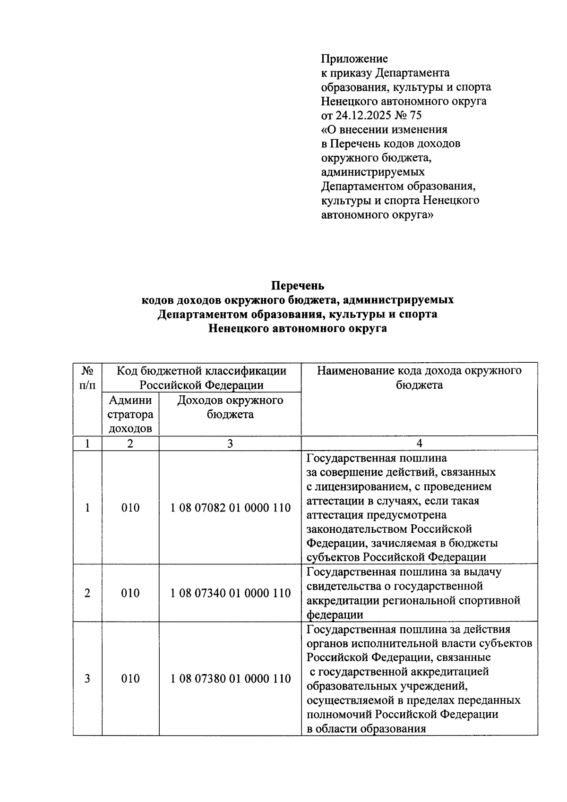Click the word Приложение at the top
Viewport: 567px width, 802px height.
tap(354, 59)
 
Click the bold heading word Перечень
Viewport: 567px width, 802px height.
tap(298, 286)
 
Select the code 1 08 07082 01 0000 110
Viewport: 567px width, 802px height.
tap(230, 508)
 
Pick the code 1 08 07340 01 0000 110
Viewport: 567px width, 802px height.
tap(230, 593)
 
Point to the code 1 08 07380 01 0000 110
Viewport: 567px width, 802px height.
tap(230, 678)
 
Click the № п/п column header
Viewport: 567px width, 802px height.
tap(87, 377)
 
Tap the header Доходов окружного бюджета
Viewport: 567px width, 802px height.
tap(230, 407)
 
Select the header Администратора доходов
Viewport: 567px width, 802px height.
tap(130, 414)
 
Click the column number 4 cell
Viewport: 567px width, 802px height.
tap(419, 443)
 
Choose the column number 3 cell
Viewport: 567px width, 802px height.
tap(230, 443)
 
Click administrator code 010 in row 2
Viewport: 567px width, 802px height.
tap(130, 593)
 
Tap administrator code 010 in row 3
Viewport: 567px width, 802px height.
tap(130, 678)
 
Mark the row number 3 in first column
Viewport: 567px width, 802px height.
tap(87, 678)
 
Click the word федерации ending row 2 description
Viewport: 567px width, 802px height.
tap(335, 614)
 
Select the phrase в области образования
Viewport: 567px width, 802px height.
tap(366, 728)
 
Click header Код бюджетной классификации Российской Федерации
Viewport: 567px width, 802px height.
tap(202, 377)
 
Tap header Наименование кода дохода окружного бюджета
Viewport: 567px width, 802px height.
tap(419, 377)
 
